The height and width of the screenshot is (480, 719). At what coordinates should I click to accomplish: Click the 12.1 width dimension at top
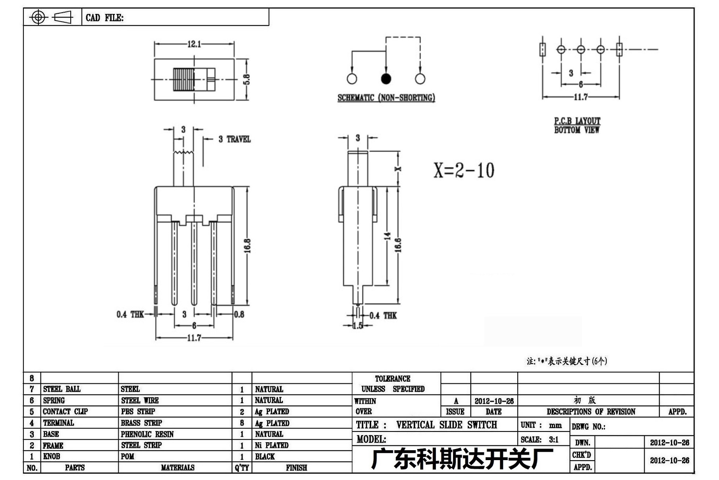[194, 44]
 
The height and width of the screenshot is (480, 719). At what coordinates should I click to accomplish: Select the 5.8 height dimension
[247, 80]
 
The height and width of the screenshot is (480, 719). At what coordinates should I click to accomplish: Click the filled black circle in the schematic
[386, 79]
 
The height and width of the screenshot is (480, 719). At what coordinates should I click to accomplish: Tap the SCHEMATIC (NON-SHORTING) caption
[386, 97]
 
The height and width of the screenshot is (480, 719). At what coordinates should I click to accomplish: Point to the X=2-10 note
[464, 170]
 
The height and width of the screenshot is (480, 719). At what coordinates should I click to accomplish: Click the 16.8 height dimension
[247, 246]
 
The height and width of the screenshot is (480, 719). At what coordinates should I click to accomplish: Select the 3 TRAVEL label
[235, 139]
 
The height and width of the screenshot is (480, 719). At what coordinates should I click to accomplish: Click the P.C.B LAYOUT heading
[577, 121]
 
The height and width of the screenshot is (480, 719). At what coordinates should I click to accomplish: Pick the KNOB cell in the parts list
[52, 456]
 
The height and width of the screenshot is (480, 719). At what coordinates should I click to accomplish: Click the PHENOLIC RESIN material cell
[147, 434]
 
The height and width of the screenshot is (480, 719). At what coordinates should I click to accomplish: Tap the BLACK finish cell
[265, 457]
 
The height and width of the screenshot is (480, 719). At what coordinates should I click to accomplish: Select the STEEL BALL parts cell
[62, 389]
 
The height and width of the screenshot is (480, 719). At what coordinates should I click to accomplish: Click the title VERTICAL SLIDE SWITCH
[447, 425]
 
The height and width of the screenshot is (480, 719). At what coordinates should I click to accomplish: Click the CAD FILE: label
[105, 18]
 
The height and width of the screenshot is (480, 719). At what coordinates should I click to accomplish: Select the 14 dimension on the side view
[387, 236]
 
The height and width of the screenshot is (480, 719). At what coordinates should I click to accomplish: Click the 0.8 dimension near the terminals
[239, 315]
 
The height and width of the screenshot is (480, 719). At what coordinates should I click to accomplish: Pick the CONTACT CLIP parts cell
[66, 411]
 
